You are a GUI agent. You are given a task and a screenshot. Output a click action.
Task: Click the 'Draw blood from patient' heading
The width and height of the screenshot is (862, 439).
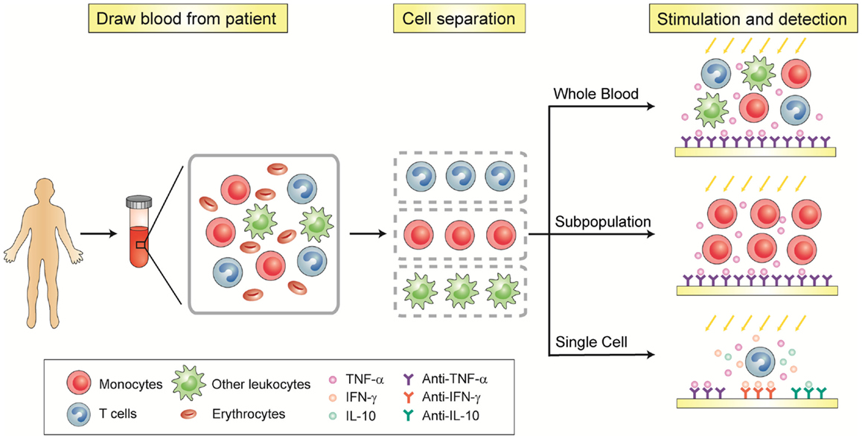(187, 18)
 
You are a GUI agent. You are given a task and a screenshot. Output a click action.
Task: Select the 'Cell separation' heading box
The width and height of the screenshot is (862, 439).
(459, 18)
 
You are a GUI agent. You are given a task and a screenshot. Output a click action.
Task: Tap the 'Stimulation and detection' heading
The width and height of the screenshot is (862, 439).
(752, 18)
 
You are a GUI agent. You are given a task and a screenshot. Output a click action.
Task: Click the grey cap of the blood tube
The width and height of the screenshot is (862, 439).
(139, 203)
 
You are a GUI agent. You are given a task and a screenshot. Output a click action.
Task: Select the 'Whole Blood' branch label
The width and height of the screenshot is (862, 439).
(596, 94)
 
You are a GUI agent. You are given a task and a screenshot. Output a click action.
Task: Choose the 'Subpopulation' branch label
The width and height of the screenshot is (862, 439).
(603, 222)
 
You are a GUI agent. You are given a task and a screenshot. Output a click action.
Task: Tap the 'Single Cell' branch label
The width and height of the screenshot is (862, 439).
(592, 342)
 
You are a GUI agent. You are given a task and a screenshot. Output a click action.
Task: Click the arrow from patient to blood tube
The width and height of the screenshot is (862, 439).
(99, 234)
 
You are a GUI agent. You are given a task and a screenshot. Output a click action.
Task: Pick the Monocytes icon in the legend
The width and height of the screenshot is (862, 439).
(79, 383)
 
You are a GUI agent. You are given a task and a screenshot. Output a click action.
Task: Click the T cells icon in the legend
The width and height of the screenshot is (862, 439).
(79, 414)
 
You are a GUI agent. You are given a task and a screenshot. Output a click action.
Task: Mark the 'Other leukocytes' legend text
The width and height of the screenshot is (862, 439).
(261, 384)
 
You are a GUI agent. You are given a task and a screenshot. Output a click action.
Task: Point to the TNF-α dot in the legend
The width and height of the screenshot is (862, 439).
(332, 379)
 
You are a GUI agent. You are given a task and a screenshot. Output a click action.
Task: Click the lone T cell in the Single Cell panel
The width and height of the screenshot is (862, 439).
(760, 362)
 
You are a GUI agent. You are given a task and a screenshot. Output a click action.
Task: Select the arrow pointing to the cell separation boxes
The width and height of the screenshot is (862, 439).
(367, 234)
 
